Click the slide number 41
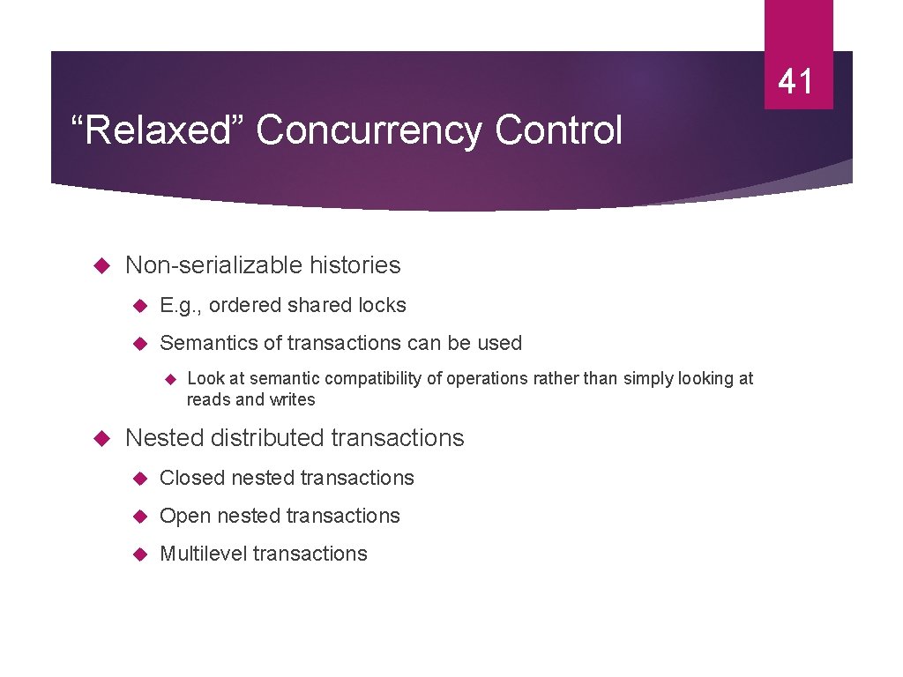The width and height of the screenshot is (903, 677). (796, 82)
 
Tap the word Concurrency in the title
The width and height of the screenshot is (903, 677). (369, 131)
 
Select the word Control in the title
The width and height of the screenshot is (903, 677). (558, 131)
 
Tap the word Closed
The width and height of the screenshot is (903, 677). (192, 478)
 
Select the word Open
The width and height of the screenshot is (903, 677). (185, 516)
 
